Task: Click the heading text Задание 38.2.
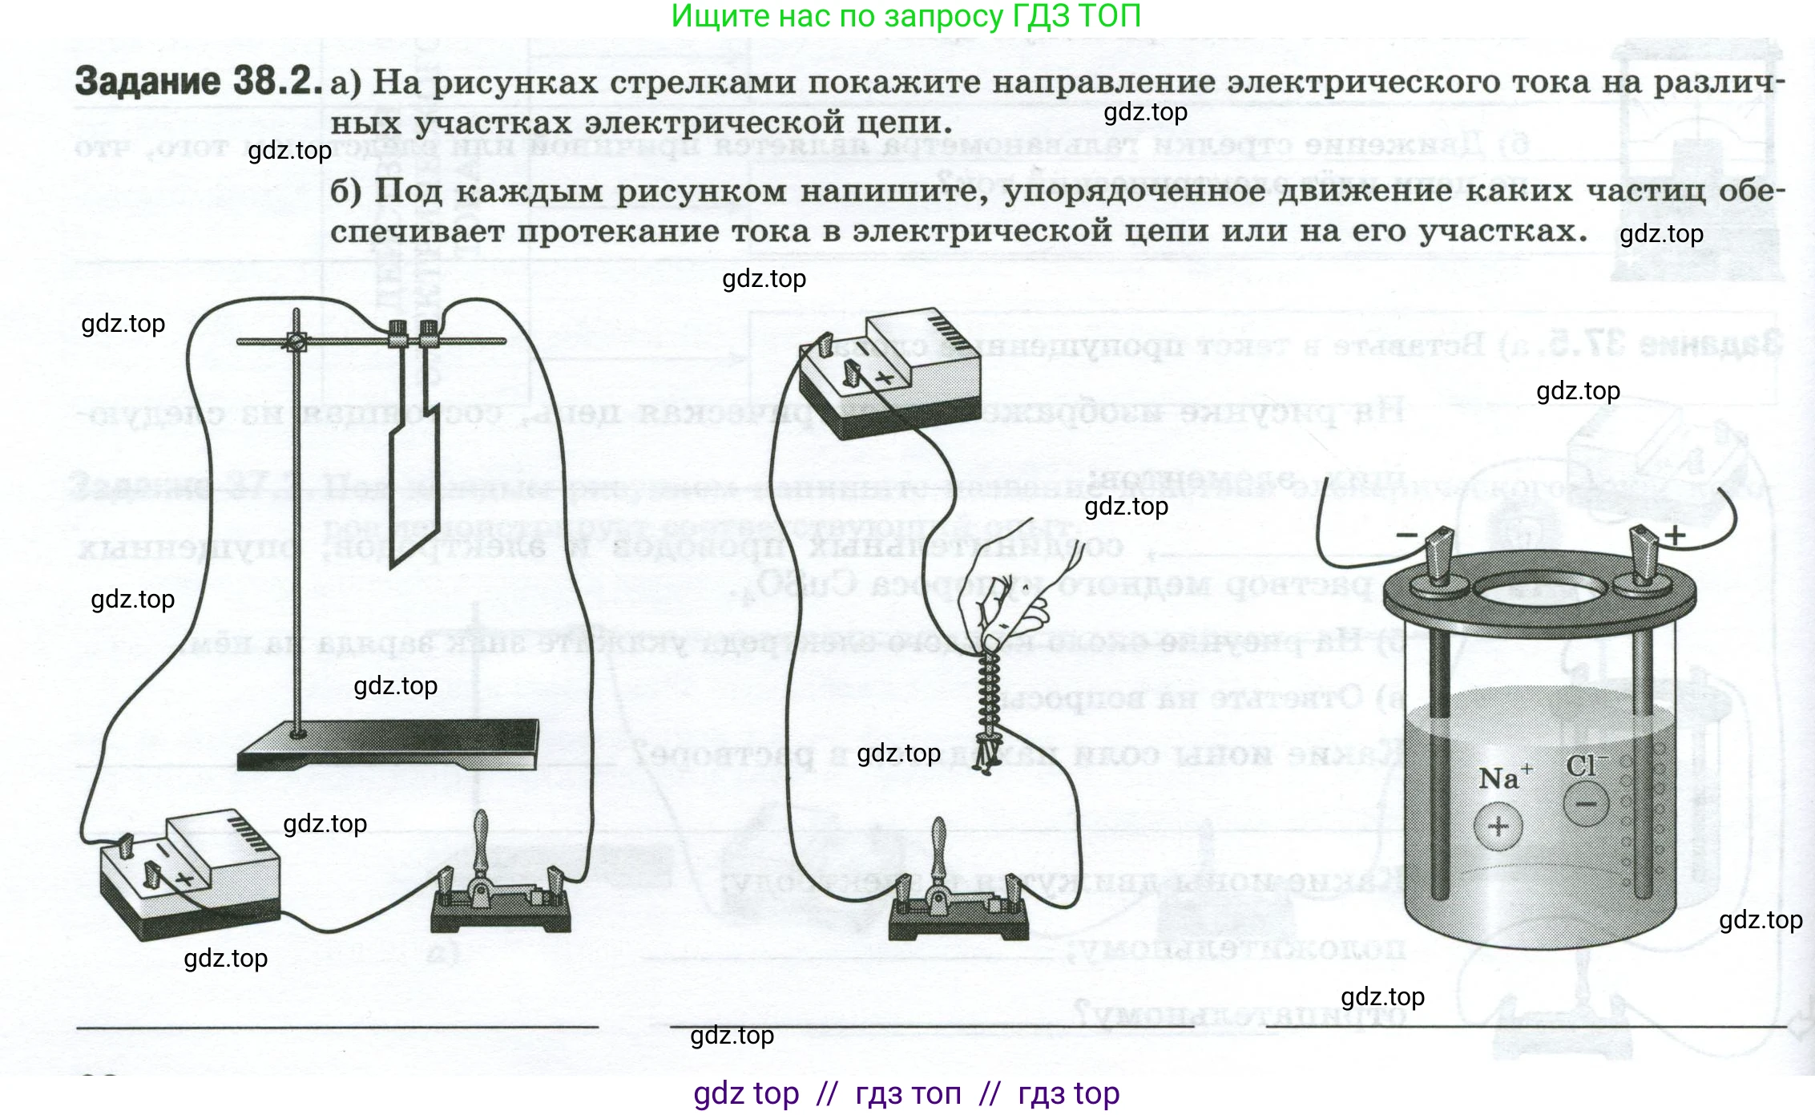pyautogui.click(x=197, y=82)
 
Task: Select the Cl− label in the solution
pyautogui.click(x=1586, y=766)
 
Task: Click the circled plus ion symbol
pyautogui.click(x=1498, y=826)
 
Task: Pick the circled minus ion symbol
pyautogui.click(x=1586, y=804)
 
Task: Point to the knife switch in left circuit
pyautogui.click(x=500, y=890)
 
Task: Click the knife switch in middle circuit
pyautogui.click(x=958, y=898)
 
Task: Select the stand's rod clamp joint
pyautogui.click(x=296, y=341)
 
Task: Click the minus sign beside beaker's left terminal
pyautogui.click(x=1406, y=535)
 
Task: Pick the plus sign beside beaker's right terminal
pyautogui.click(x=1675, y=535)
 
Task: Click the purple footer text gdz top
pyautogui.click(x=746, y=1093)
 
